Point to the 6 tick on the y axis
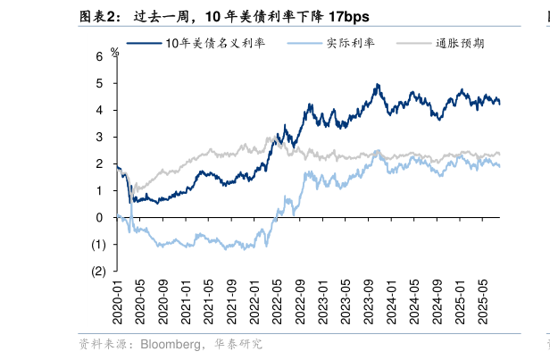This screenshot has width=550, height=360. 100,56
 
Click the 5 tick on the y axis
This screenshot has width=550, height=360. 100,83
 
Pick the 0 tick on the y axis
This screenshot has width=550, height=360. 100,217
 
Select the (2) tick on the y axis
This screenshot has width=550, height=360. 98,271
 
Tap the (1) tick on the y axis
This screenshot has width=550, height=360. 98,244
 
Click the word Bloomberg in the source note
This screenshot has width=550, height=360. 173,344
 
